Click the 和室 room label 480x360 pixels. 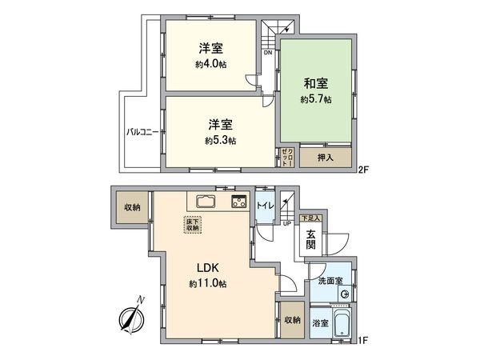pos(317,83)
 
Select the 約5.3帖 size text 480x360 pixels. pos(220,141)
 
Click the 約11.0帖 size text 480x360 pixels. pos(208,283)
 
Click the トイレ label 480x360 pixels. pos(264,205)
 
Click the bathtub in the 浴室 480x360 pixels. pos(341,325)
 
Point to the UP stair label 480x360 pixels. pos(286,223)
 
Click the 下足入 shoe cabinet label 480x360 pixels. pos(310,218)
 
